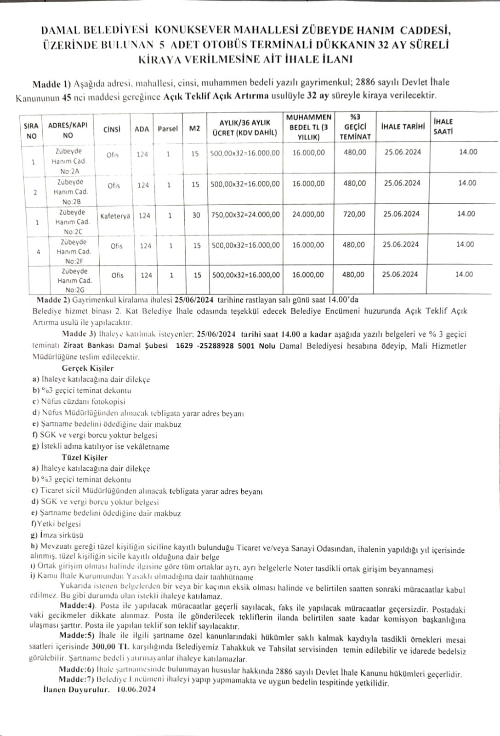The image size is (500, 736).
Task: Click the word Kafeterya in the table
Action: pos(115,216)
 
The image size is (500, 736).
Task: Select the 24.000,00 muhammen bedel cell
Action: pos(308,214)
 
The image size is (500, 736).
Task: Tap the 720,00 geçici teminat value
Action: pos(354,214)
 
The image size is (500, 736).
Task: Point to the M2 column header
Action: pos(194,129)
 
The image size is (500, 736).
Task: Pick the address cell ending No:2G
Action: pos(74,280)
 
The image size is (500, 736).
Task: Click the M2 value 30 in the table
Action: pos(196,215)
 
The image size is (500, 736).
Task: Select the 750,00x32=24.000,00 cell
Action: pos(245,214)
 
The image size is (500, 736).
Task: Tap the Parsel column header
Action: pos(167,129)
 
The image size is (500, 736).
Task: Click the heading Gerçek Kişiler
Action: pos(87,368)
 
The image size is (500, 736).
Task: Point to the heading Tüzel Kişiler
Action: pos(85,457)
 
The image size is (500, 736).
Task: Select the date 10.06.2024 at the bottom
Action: pos(136,689)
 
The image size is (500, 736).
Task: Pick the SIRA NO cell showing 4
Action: pos(38,252)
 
